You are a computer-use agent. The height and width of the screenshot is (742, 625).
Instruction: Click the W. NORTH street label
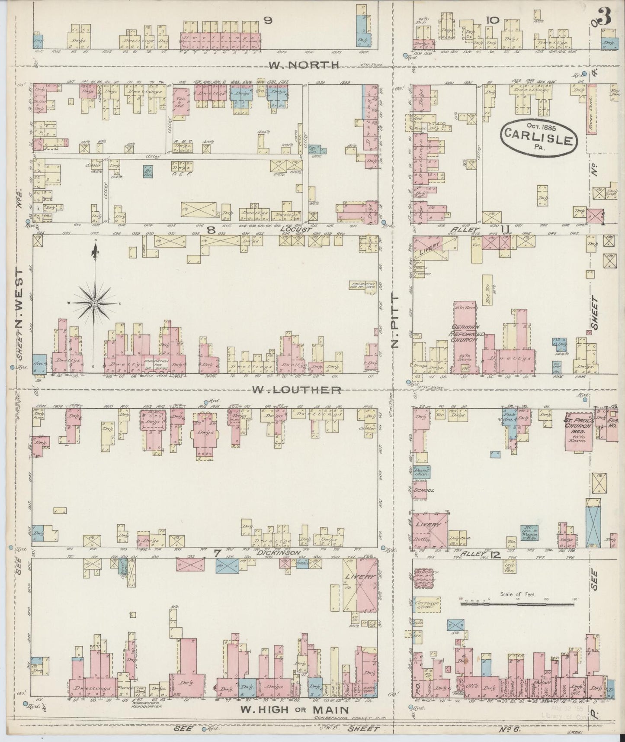(303, 65)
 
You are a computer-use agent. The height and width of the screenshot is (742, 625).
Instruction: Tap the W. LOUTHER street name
(296, 390)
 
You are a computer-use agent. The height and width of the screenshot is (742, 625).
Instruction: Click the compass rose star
(94, 304)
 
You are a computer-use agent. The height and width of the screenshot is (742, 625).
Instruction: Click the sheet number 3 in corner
(604, 18)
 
